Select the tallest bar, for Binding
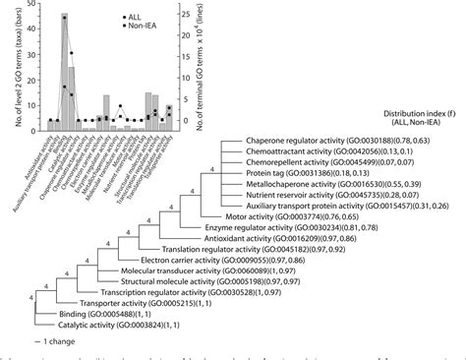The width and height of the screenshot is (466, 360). pos(65,71)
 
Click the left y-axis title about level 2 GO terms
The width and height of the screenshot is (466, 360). pos(9,64)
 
